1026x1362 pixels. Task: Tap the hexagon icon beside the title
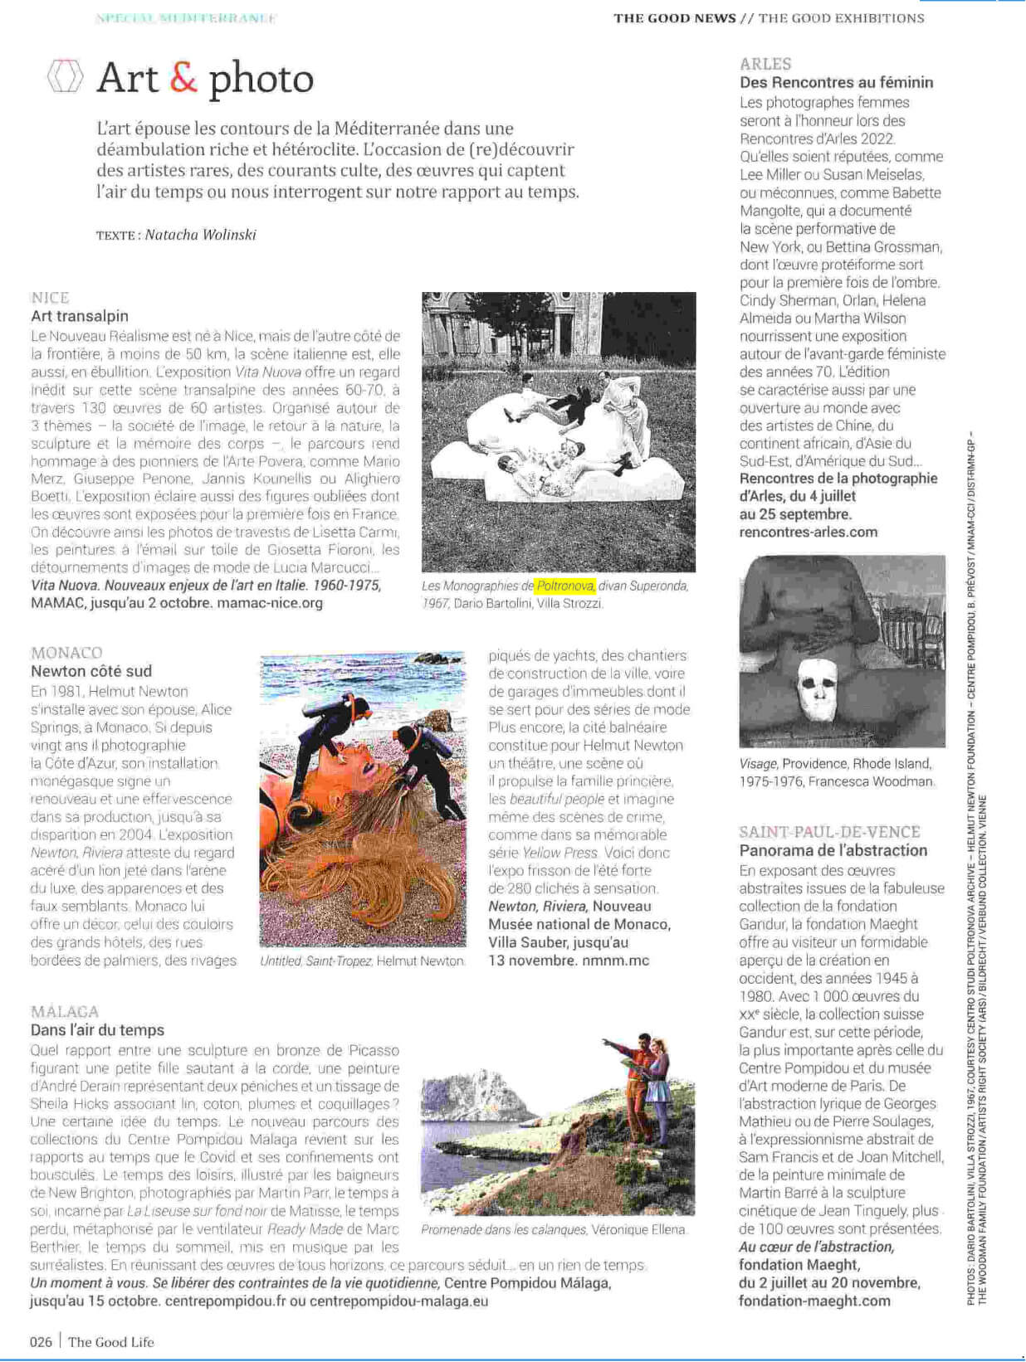point(65,76)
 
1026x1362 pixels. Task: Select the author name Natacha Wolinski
point(200,235)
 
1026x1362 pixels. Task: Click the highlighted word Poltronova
point(564,586)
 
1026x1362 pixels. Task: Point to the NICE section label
point(50,298)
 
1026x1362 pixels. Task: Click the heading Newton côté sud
point(91,671)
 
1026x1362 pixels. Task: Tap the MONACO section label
point(66,653)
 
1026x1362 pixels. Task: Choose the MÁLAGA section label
point(65,1012)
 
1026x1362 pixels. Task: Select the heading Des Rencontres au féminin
point(836,82)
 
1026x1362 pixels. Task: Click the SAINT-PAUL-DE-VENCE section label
point(829,832)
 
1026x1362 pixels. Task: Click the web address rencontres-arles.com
point(808,532)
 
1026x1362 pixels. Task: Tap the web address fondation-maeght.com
point(814,1301)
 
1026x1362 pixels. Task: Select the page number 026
point(41,1342)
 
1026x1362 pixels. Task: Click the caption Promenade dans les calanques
point(503,1229)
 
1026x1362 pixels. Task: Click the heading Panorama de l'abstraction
point(833,850)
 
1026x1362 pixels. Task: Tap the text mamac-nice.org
point(270,603)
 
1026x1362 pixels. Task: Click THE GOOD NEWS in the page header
point(674,18)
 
